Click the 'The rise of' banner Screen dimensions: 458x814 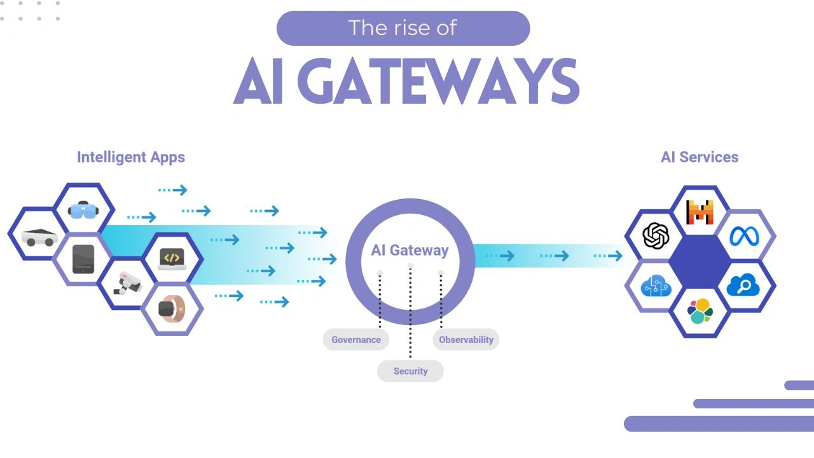(x=403, y=28)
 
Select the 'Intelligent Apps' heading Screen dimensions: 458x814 (x=131, y=157)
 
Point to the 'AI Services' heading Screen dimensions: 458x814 (x=700, y=157)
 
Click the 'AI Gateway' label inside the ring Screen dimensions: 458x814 (x=410, y=250)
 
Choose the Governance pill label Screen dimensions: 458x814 (x=355, y=340)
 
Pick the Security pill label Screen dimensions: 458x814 (x=410, y=371)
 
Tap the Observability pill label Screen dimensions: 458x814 (x=466, y=340)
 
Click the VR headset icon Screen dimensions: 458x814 (x=83, y=209)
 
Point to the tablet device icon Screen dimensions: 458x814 (x=83, y=259)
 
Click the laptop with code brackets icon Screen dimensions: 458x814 (x=172, y=259)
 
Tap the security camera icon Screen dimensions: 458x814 (x=127, y=283)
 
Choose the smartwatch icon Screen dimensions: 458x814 (x=170, y=309)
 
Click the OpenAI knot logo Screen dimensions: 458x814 (x=656, y=236)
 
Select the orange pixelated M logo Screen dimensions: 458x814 (x=700, y=212)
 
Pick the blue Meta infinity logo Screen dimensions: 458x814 (x=744, y=236)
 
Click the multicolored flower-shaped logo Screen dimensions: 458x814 (x=700, y=311)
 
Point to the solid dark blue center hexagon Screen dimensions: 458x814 (x=700, y=261)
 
